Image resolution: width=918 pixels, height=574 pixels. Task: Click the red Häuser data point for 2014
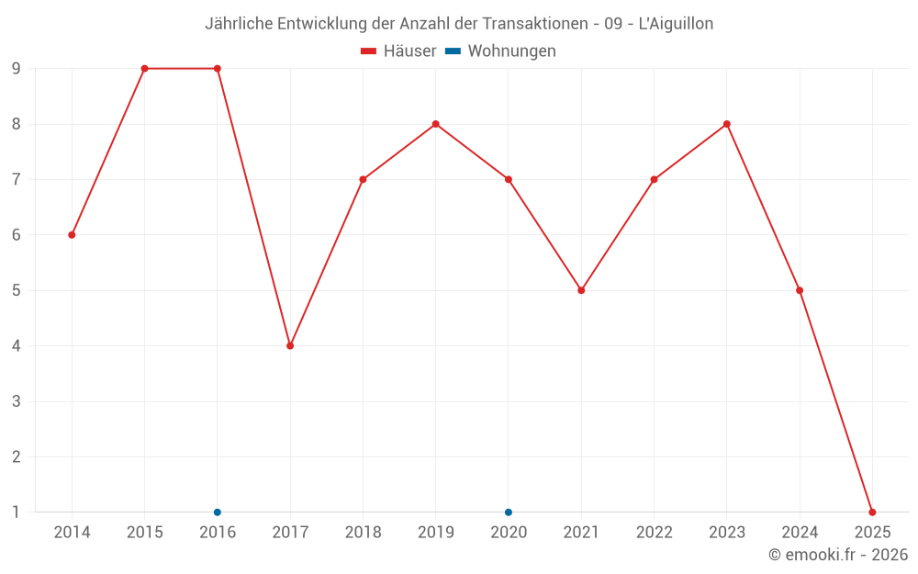(72, 235)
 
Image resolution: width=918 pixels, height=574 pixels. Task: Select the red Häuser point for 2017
(290, 346)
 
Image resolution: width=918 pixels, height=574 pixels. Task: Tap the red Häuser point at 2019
(436, 124)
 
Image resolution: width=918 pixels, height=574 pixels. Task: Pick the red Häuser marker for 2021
(581, 290)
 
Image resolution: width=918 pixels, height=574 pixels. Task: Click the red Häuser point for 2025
(872, 512)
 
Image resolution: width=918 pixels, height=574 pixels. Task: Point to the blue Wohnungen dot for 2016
(218, 512)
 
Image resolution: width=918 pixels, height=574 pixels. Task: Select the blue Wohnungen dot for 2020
(509, 512)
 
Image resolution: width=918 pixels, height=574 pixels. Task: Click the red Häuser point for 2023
(727, 124)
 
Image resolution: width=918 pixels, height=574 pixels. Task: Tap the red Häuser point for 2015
(144, 69)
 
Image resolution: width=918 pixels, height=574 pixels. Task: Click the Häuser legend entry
(398, 51)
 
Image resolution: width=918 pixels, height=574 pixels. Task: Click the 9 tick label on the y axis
(17, 69)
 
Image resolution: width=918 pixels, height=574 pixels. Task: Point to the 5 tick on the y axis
(17, 290)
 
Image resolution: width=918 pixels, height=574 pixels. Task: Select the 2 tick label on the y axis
(17, 457)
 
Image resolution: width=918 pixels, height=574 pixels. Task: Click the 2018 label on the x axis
(363, 533)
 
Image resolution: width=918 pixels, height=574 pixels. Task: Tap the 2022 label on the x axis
(654, 533)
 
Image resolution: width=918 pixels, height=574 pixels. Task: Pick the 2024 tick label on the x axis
(800, 533)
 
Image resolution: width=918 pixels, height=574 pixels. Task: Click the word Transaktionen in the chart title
(532, 24)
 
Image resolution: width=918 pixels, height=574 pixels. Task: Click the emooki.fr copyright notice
(837, 555)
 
